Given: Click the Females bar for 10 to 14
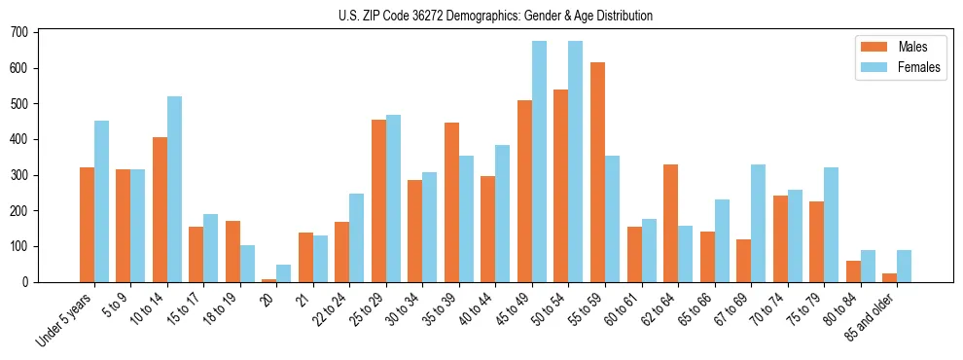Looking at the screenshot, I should [174, 189].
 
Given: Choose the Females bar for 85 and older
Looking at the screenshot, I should [904, 266].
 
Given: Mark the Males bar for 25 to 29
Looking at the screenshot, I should [378, 200].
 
